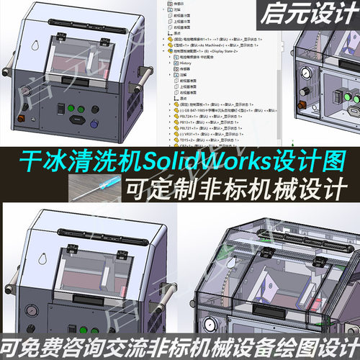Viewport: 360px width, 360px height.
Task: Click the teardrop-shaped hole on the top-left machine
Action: pos(32,45)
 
